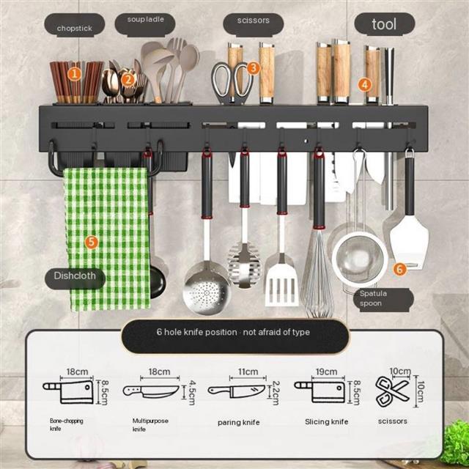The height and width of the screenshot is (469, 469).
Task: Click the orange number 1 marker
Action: click(x=75, y=74)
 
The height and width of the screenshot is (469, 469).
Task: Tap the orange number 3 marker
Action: click(x=254, y=68)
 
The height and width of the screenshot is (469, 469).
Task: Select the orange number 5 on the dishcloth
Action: click(x=92, y=242)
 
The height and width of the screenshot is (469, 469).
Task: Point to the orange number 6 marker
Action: click(x=399, y=269)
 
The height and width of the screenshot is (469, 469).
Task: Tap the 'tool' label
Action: click(x=385, y=24)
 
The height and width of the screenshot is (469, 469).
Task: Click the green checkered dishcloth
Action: click(x=107, y=239)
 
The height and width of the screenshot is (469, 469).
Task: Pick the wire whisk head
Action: click(x=317, y=273)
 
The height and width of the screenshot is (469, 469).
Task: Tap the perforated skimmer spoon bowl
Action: click(x=207, y=288)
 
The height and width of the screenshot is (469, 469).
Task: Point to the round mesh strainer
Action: click(x=360, y=257)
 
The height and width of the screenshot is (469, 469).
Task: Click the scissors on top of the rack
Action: click(x=232, y=83)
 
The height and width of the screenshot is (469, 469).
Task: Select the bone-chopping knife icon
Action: click(x=68, y=392)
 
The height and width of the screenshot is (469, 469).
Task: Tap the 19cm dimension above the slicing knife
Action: click(x=326, y=372)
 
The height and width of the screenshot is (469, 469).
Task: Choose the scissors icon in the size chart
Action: click(x=392, y=391)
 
